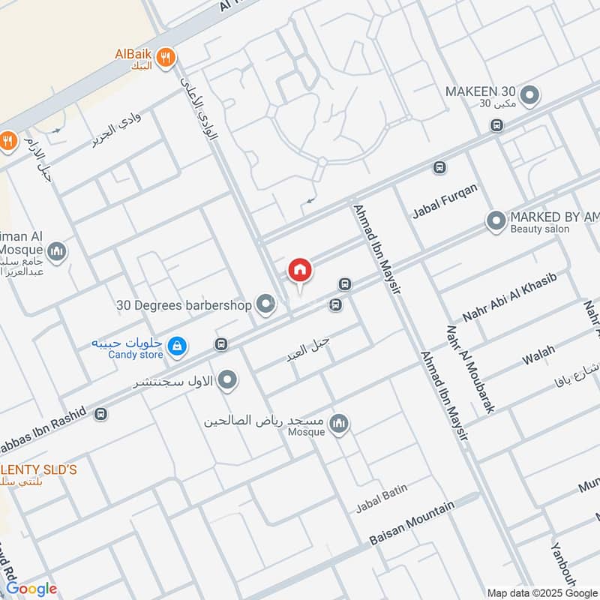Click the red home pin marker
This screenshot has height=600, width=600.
coord(299,270)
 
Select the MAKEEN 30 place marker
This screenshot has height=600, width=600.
coord(530,95)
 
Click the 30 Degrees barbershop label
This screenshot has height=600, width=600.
coord(184,305)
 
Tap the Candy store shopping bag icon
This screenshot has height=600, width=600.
coord(178,346)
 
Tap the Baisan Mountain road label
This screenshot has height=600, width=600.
coord(412,523)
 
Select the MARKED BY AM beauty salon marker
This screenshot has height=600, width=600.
coord(496,221)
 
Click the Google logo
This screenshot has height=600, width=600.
coord(31,589)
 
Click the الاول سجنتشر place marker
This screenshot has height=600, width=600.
coord(228,381)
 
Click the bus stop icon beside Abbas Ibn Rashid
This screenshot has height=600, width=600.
coord(101,413)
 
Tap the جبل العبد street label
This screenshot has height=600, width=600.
coord(308,349)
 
